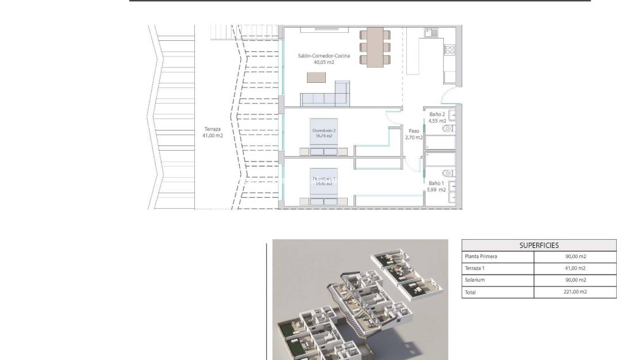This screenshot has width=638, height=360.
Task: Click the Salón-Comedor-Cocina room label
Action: [324, 56]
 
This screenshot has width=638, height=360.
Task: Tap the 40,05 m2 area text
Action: [324, 62]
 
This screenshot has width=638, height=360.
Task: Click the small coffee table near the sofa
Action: [316, 77]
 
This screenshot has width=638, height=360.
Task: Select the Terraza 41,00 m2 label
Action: [212, 132]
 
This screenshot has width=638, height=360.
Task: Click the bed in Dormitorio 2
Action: [324, 138]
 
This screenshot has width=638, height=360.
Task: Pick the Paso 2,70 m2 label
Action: [413, 134]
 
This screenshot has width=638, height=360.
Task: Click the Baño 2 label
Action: [437, 114]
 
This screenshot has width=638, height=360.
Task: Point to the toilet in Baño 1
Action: [447, 173]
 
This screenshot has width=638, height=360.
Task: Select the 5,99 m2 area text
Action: [436, 189]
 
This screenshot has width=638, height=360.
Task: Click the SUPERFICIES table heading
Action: [539, 245]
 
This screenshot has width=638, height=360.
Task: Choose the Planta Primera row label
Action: [481, 256]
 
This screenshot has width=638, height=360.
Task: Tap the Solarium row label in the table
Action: [474, 280]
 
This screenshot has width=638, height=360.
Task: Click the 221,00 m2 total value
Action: [575, 292]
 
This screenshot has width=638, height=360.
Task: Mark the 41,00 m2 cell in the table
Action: [575, 269]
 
